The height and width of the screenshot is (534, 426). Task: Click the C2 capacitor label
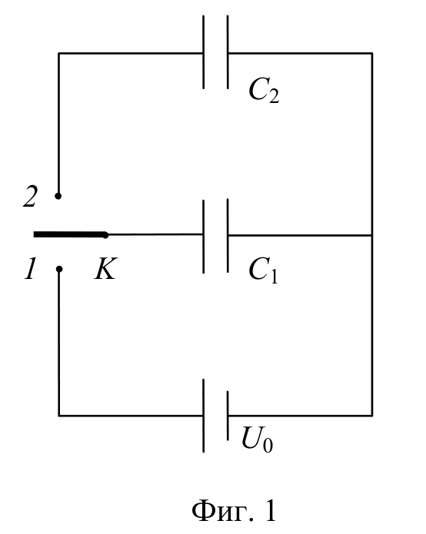click(x=264, y=90)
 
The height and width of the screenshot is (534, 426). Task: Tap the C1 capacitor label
click(x=264, y=270)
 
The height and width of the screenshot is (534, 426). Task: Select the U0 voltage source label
click(x=258, y=439)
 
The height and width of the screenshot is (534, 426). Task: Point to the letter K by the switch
click(x=105, y=268)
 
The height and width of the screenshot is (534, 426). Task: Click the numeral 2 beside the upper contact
click(x=30, y=197)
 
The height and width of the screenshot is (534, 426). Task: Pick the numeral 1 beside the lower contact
click(x=30, y=269)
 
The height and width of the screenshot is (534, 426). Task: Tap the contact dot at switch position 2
click(x=58, y=196)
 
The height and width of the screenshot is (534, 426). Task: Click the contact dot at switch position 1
click(x=59, y=269)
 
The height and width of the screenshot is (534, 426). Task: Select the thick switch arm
click(x=70, y=234)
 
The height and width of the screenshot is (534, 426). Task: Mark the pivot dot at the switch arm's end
click(x=105, y=235)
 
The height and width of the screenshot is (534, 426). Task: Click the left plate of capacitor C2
click(x=204, y=52)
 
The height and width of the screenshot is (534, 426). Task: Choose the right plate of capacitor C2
click(x=228, y=52)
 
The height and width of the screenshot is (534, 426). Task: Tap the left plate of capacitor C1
click(x=204, y=237)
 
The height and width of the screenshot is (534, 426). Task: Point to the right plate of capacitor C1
click(x=228, y=236)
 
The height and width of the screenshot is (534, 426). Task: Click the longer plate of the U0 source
click(x=204, y=416)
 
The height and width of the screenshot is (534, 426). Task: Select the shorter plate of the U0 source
click(x=228, y=416)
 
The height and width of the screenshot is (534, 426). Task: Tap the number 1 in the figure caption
click(x=270, y=511)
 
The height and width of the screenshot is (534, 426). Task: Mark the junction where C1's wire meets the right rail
click(x=372, y=235)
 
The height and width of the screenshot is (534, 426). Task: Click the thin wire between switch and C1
click(x=155, y=234)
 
